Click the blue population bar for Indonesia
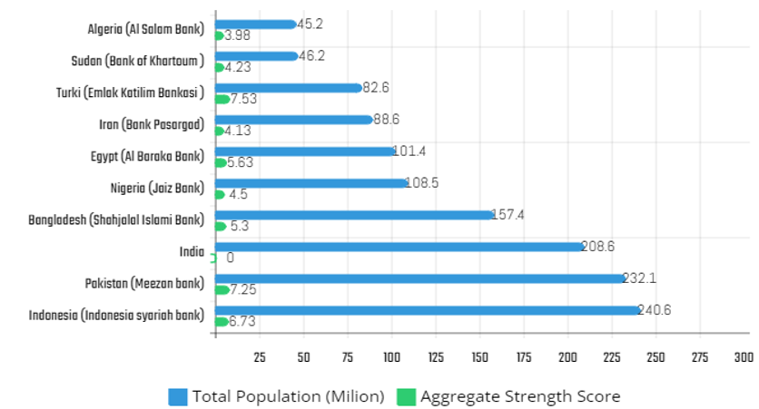coord(427,309)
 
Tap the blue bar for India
coord(399,246)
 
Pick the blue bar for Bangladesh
coord(354,214)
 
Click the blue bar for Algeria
coord(255,24)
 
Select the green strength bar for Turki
coord(222,99)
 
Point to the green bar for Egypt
coord(221,163)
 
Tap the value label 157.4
coord(508,215)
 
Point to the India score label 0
coord(230,258)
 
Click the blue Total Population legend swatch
coord(178,396)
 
